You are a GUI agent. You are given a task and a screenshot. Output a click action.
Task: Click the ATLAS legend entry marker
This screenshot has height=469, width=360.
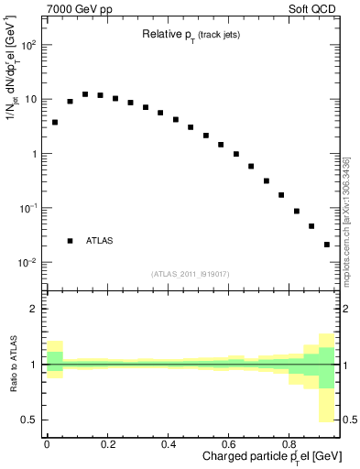click(x=70, y=241)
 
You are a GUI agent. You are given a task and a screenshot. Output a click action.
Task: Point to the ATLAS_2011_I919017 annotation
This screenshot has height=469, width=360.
click(x=191, y=273)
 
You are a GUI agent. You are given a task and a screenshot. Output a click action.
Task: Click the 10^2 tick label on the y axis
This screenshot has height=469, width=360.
click(x=27, y=45)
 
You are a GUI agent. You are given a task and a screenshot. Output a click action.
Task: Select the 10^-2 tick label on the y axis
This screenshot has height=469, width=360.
click(x=27, y=263)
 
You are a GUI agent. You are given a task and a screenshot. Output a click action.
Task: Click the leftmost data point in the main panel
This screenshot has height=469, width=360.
click(x=55, y=122)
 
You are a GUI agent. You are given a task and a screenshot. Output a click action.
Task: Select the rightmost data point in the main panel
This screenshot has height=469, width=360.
click(x=327, y=245)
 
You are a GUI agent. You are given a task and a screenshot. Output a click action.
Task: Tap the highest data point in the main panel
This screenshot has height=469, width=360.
click(x=85, y=93)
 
